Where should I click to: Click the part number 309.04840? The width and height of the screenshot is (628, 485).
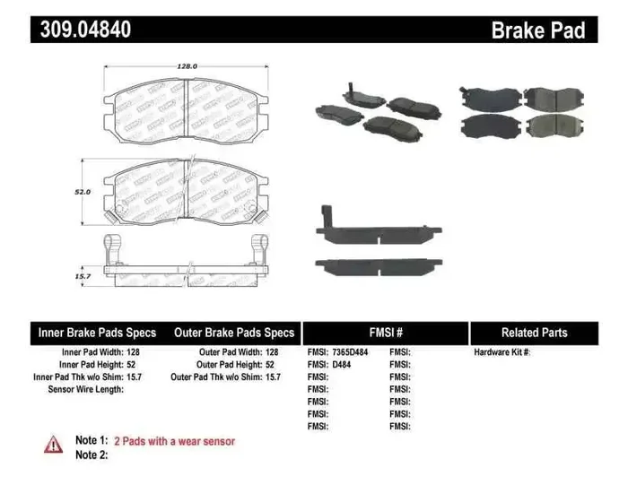click(x=85, y=30)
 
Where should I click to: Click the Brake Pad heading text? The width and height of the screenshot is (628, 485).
click(x=537, y=30)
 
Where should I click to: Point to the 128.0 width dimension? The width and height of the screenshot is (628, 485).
click(x=186, y=66)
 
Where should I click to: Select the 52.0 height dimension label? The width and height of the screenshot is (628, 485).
click(x=83, y=192)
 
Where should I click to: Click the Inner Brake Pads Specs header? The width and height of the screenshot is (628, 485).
click(x=97, y=333)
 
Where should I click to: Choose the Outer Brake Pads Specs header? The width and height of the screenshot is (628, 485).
click(x=234, y=333)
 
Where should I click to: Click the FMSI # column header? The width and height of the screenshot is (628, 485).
click(x=386, y=333)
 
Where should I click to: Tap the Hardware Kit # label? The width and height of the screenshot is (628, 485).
click(x=502, y=352)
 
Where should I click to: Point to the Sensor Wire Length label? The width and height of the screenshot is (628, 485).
click(x=86, y=390)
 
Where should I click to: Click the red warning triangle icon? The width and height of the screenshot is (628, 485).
click(x=54, y=444)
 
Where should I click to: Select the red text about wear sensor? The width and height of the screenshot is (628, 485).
click(x=175, y=441)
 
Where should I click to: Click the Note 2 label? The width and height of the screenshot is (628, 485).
click(x=92, y=455)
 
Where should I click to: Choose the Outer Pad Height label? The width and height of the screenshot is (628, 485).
click(x=229, y=365)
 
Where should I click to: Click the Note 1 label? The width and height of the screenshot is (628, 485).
click(x=92, y=441)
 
